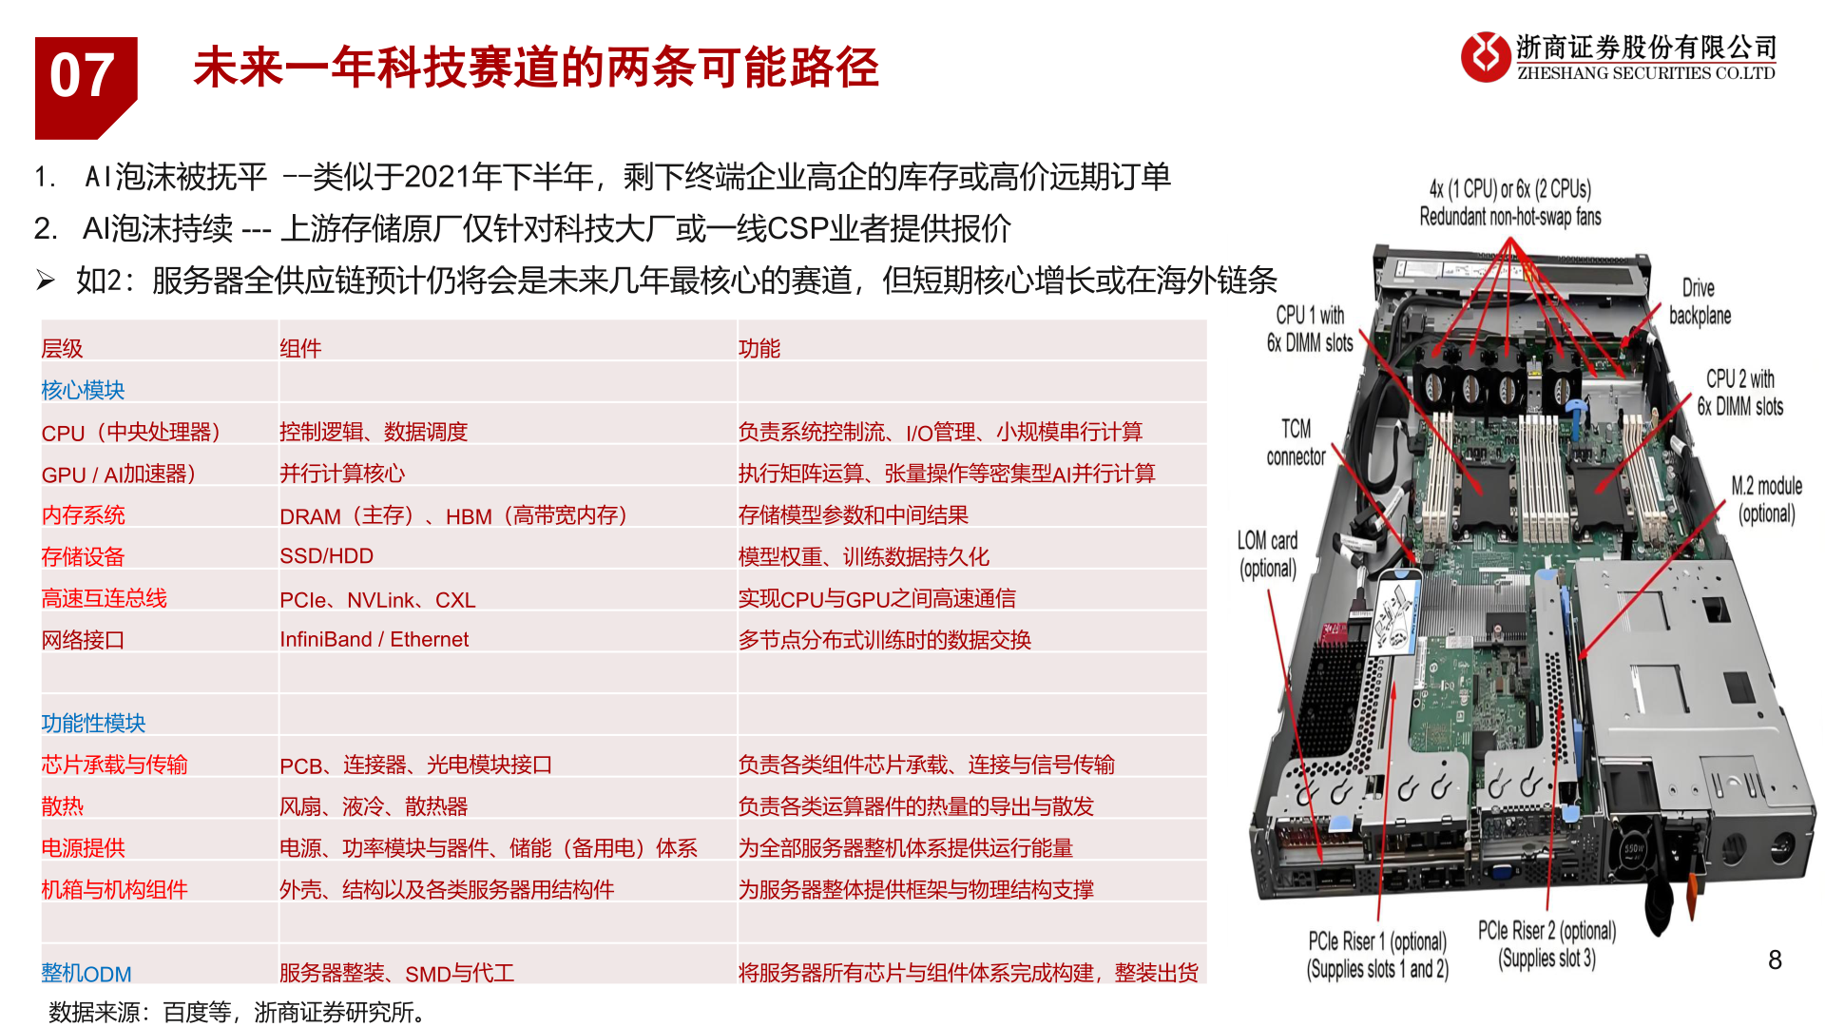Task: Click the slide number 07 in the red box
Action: click(x=83, y=76)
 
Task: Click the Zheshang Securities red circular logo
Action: click(x=1485, y=57)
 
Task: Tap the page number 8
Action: click(x=1775, y=960)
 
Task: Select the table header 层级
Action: click(x=63, y=349)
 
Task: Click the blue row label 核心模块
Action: click(x=84, y=390)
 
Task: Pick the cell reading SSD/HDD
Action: click(x=326, y=556)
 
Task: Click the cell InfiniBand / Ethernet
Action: click(x=374, y=639)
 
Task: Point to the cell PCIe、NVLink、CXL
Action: click(x=377, y=600)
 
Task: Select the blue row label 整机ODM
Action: click(x=86, y=973)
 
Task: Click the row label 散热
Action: click(x=63, y=806)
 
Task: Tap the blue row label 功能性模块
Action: click(x=93, y=723)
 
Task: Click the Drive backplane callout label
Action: click(x=1700, y=301)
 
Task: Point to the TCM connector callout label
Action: click(x=1296, y=442)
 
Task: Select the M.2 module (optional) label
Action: click(x=1766, y=499)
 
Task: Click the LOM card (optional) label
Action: click(x=1267, y=554)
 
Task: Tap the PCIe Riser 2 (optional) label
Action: click(x=1546, y=944)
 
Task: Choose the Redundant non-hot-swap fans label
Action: click(x=1509, y=217)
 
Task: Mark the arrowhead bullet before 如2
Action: click(x=46, y=280)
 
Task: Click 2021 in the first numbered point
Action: click(x=437, y=177)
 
